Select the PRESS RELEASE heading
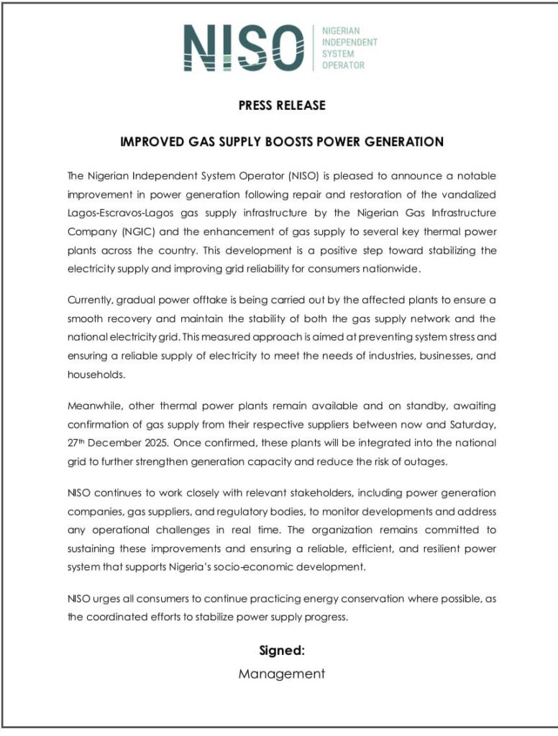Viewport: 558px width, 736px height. [x=282, y=106]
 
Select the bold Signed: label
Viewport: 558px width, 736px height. [x=282, y=650]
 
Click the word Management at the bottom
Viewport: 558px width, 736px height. [x=282, y=674]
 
